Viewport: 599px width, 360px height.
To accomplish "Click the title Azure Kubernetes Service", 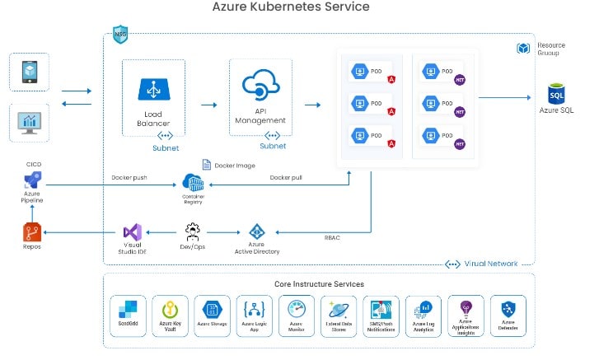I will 291,7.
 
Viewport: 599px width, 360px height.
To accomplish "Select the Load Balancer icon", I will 153,88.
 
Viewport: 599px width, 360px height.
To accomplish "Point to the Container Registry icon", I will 193,183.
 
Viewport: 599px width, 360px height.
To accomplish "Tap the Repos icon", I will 32,233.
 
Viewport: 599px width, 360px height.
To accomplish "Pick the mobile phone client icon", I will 29,72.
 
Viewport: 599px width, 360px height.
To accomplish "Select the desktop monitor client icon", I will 29,123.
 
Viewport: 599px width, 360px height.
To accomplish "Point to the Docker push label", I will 129,178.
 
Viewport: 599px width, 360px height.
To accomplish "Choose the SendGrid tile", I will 128,316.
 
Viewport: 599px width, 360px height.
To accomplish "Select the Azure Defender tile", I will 508,316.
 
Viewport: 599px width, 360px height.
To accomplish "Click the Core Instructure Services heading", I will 319,284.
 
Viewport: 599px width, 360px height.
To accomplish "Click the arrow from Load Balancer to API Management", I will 208,105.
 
